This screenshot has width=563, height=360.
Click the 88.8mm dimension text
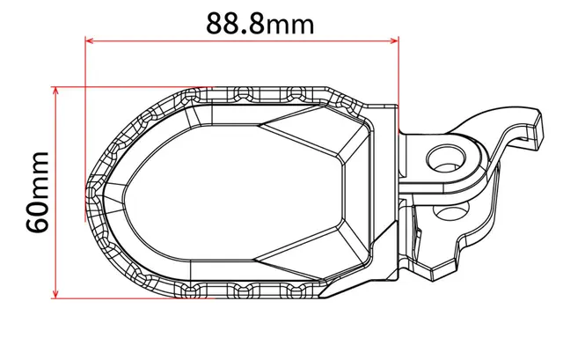[x=260, y=22]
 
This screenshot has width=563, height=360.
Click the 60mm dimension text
[x=37, y=192]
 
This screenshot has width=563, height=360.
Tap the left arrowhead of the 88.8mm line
[x=90, y=39]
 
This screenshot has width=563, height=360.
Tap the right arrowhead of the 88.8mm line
[x=395, y=39]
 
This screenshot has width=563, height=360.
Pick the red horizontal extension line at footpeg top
[x=132, y=87]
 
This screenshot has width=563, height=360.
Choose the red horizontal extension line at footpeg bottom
[x=132, y=297]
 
